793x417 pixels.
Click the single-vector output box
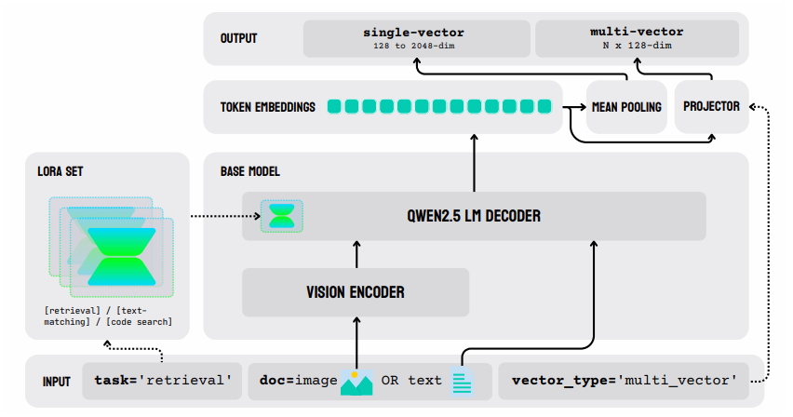pos(414,38)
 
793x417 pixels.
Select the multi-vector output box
pos(637,38)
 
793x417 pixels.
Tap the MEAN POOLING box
pos(626,107)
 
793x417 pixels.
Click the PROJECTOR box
pos(711,107)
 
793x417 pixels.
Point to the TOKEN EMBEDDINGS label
pos(267,107)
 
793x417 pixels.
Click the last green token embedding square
pos(544,107)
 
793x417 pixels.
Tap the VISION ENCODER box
pos(356,292)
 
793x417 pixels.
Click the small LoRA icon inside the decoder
pos(280,216)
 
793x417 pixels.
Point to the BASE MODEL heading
pos(249,172)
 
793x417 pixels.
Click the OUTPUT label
pos(239,38)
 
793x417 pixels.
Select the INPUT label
pos(56,382)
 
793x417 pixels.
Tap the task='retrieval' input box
pos(163,382)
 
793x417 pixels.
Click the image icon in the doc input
pos(356,383)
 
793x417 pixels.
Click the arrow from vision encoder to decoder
pos(356,254)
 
